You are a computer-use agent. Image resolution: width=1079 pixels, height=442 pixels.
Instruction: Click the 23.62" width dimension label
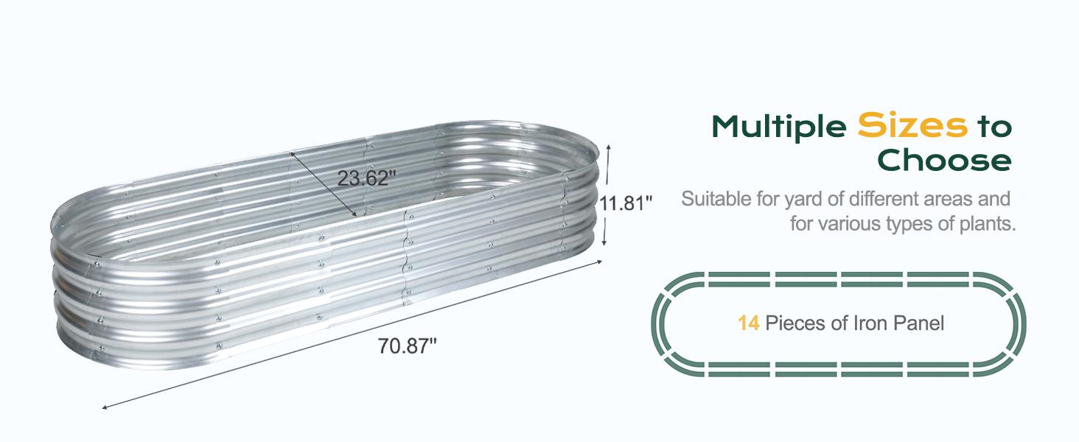(367, 178)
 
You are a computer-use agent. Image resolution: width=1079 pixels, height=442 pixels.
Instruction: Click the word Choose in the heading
(944, 160)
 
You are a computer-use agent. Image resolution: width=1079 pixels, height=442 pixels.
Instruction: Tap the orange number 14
(748, 323)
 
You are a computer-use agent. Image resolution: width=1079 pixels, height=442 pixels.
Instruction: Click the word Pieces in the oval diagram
(797, 323)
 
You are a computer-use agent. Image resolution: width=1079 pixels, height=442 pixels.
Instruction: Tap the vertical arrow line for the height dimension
(607, 195)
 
